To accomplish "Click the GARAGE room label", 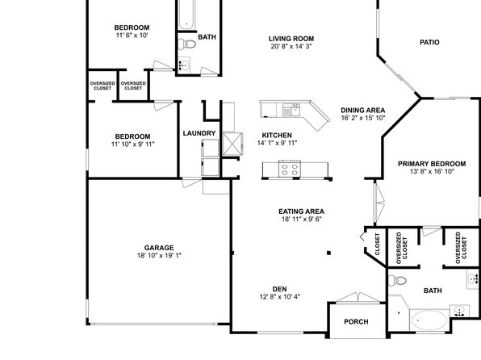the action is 159,248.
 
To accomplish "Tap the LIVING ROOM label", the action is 291,39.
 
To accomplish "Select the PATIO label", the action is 429,42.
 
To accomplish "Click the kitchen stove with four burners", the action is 290,169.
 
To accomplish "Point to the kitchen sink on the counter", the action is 291,110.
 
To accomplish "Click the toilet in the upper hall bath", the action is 186,44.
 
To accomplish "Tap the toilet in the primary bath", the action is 397,281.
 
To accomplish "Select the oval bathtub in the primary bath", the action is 429,320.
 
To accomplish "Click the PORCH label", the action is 356,321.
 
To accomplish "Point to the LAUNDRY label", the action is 199,133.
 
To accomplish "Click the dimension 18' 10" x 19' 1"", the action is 159,255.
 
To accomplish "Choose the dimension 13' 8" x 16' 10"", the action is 432,171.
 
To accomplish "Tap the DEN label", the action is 280,289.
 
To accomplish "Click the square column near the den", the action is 328,253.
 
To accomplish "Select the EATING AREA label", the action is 301,211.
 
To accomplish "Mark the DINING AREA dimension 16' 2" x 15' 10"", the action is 363,118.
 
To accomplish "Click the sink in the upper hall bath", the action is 184,65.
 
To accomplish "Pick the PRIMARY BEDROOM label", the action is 432,164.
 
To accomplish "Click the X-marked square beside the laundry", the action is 232,144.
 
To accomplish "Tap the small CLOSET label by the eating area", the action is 378,245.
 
